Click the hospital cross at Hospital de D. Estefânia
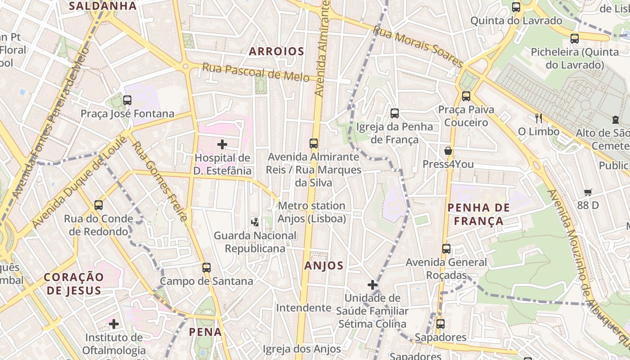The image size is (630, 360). pyautogui.click(x=222, y=144)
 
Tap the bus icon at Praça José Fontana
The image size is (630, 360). pyautogui.click(x=127, y=100)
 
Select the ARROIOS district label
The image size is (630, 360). pyautogui.click(x=276, y=51)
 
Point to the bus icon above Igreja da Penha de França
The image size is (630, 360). pyautogui.click(x=395, y=113)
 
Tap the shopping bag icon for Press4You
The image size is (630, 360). pyautogui.click(x=448, y=151)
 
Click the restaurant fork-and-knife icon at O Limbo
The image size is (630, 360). pyautogui.click(x=538, y=118)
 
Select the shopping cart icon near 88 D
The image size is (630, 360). pyautogui.click(x=588, y=192)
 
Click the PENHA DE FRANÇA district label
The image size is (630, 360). pyautogui.click(x=479, y=214)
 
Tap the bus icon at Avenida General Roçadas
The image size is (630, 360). pyautogui.click(x=446, y=249)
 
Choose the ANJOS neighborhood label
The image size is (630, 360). pyautogui.click(x=324, y=265)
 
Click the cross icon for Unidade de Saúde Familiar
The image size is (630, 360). pyautogui.click(x=372, y=285)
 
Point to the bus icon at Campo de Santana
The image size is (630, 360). pyautogui.click(x=207, y=268)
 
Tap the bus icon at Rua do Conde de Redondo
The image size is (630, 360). pyautogui.click(x=99, y=205)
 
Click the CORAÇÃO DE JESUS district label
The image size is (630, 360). pyautogui.click(x=74, y=283)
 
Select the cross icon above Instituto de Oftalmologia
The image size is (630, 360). pyautogui.click(x=114, y=324)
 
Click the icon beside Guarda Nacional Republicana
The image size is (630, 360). pyautogui.click(x=255, y=222)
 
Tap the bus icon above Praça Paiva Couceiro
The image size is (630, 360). pyautogui.click(x=466, y=96)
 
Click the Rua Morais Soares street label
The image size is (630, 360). pyautogui.click(x=418, y=47)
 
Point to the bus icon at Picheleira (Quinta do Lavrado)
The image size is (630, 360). pyautogui.click(x=575, y=39)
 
